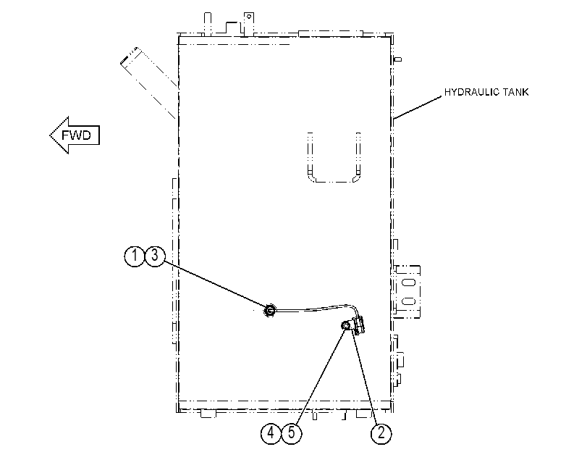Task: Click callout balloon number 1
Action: coord(134,256)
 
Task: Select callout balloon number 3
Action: coord(155,256)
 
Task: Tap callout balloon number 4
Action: coord(271,434)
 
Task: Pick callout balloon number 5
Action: coord(292,434)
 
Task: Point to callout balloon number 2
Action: coord(381,434)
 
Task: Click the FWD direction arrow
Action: coord(75,135)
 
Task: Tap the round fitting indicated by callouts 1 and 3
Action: coord(269,310)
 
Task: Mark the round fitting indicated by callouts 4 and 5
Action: coord(345,326)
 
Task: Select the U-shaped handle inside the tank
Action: coord(334,180)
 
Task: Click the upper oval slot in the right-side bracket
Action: coord(408,282)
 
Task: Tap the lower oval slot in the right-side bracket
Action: coord(408,301)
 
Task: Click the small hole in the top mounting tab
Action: coord(248,17)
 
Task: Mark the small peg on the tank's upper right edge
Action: coord(398,59)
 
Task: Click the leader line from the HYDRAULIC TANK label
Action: coord(418,107)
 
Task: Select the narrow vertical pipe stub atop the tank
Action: coord(208,24)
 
